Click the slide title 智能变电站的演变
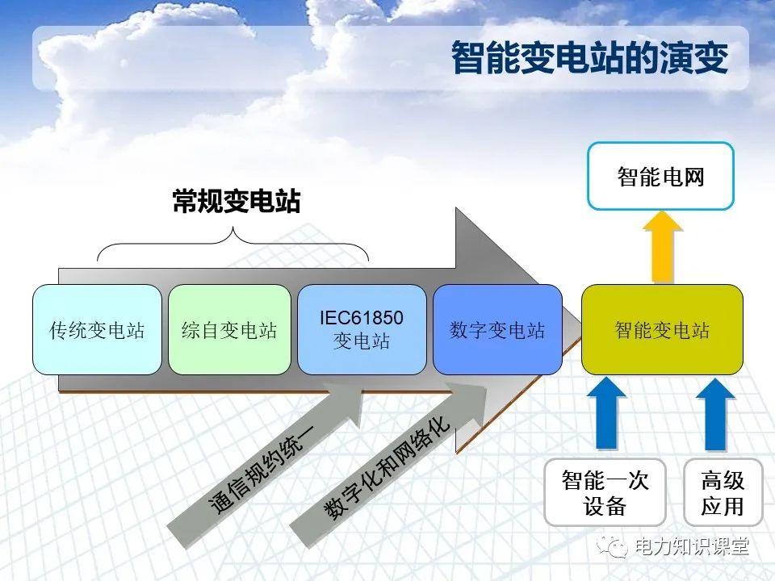tap(589, 58)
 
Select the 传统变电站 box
tap(97, 329)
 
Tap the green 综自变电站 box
tap(229, 329)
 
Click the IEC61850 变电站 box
tap(362, 329)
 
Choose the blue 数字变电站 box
tap(497, 329)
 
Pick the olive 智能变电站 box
tap(662, 329)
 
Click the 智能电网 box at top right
tap(660, 176)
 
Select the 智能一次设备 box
tap(605, 492)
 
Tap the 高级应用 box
tap(722, 492)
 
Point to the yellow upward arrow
tap(663, 247)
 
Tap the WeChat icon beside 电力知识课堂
tap(617, 547)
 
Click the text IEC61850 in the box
tap(362, 317)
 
